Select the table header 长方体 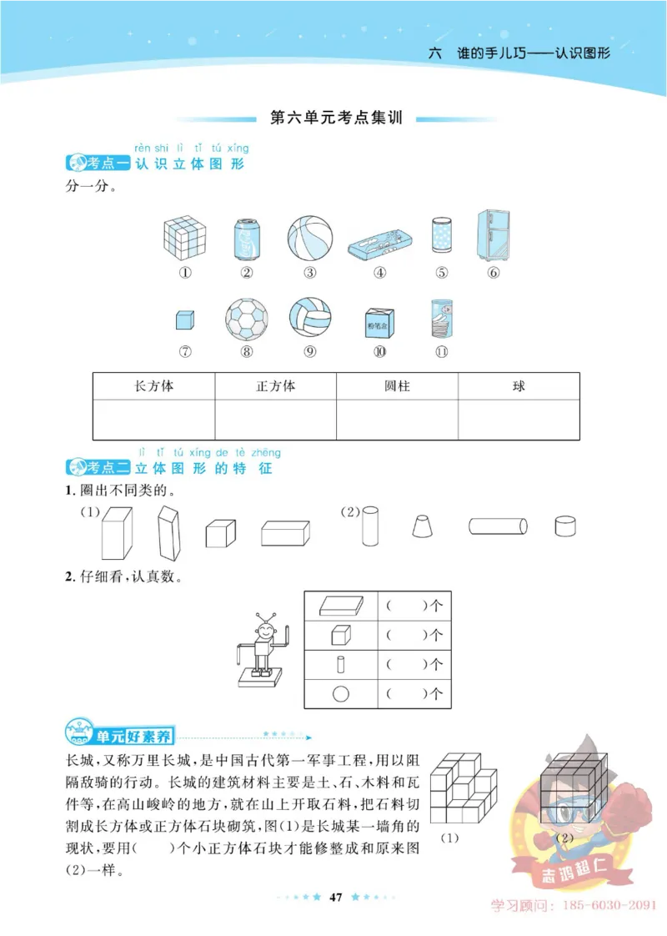154,387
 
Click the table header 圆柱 397,387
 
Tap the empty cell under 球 519,419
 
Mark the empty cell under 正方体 275,419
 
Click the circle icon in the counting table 341,693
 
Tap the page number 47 337,898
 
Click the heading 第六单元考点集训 337,118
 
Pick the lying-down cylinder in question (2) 498,526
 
